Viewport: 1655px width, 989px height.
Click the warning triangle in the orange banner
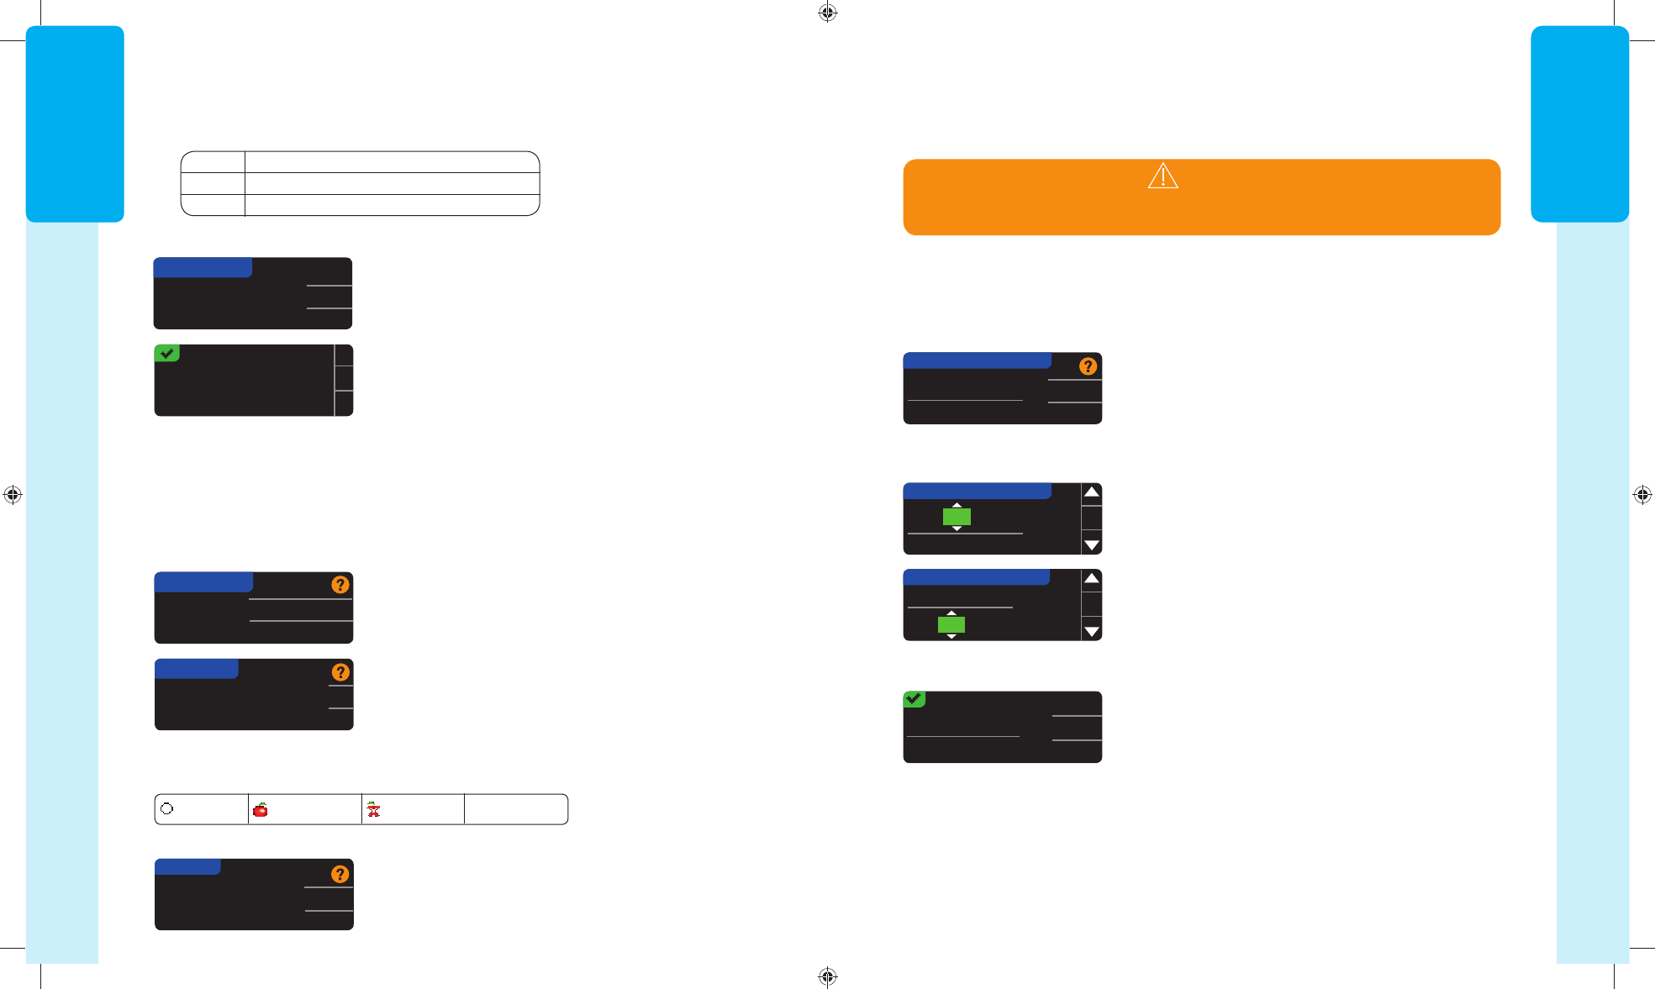(1163, 176)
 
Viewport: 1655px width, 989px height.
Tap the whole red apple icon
(261, 810)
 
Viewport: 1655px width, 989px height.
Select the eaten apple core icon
(373, 810)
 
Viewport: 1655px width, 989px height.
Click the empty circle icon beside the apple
(167, 808)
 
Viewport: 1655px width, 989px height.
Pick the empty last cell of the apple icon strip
(515, 809)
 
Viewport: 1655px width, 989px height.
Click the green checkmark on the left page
(167, 354)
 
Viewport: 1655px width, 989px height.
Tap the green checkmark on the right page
(914, 699)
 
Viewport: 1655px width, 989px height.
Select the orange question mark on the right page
(1088, 366)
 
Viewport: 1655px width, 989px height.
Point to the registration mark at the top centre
(827, 13)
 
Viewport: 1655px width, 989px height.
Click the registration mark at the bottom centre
(827, 976)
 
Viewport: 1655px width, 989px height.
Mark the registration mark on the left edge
(13, 495)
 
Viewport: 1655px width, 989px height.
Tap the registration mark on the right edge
(1642, 495)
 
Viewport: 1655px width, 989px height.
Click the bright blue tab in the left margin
(75, 124)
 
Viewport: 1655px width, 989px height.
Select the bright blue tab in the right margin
(1579, 124)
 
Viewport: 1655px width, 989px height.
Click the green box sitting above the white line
(957, 517)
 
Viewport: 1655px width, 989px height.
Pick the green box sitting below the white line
(951, 624)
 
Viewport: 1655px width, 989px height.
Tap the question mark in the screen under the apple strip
(340, 874)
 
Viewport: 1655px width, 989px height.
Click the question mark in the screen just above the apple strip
(340, 672)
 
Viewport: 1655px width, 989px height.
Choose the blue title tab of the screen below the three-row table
(203, 267)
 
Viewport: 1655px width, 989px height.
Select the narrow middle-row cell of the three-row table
(213, 183)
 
